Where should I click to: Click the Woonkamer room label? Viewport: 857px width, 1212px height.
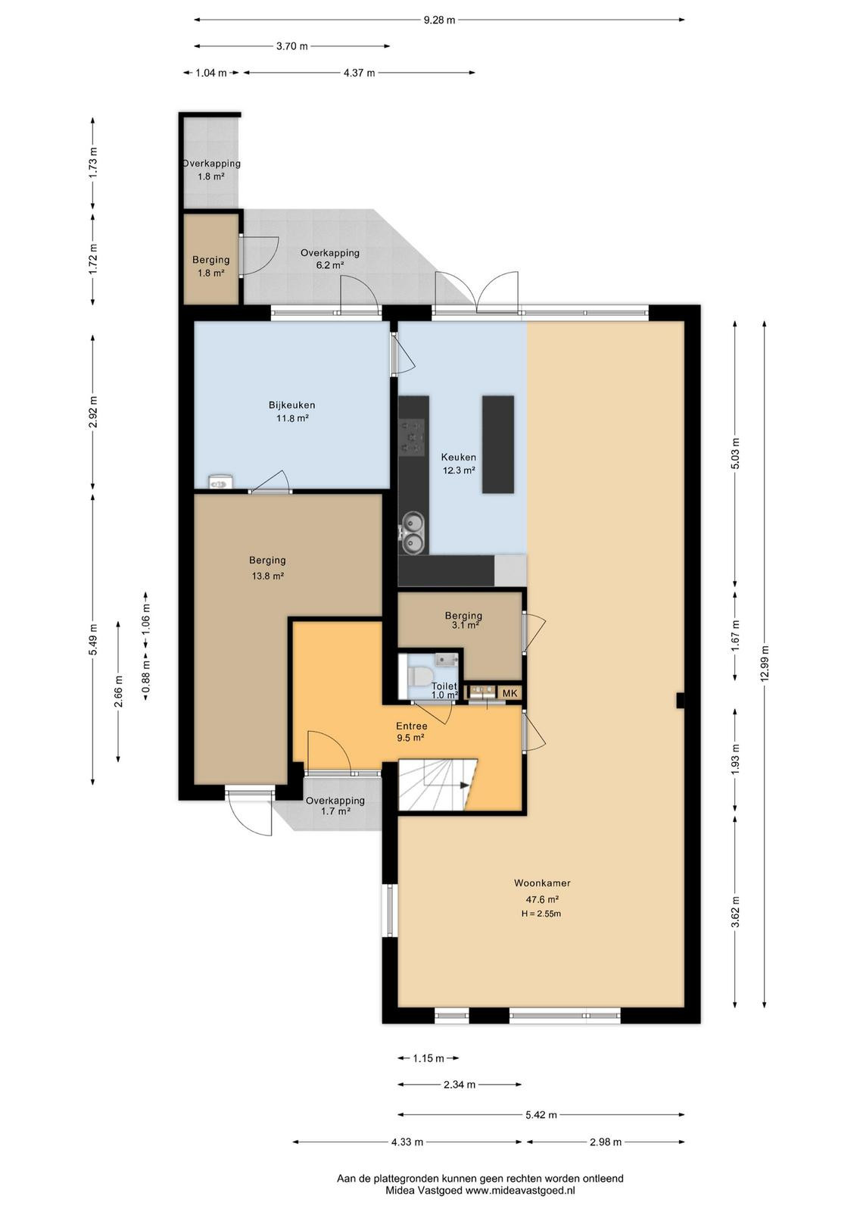coord(542,883)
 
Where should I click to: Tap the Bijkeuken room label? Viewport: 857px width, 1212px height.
coord(292,405)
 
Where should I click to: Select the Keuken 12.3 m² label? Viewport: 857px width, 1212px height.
coord(459,464)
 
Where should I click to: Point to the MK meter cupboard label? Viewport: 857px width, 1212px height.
coord(510,693)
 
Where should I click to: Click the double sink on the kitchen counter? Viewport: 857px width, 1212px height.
coord(413,532)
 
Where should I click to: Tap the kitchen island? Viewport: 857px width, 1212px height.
coord(498,444)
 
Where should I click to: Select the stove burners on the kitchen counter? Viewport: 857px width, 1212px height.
coord(412,436)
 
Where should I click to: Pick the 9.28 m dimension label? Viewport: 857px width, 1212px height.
coord(439,20)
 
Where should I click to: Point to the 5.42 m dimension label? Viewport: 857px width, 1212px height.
coord(541,1114)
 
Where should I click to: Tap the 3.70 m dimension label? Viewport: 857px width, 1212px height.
coord(292,46)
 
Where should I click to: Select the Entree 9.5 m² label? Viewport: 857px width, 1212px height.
coord(412,732)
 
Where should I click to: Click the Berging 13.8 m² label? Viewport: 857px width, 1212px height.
coord(268,568)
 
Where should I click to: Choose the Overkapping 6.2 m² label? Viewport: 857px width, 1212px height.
coord(330,258)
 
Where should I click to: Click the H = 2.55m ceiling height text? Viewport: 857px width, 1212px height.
coord(541,914)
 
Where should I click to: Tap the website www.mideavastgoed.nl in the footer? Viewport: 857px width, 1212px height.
coord(519,1190)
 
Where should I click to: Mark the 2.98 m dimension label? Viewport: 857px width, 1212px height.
coord(605,1142)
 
